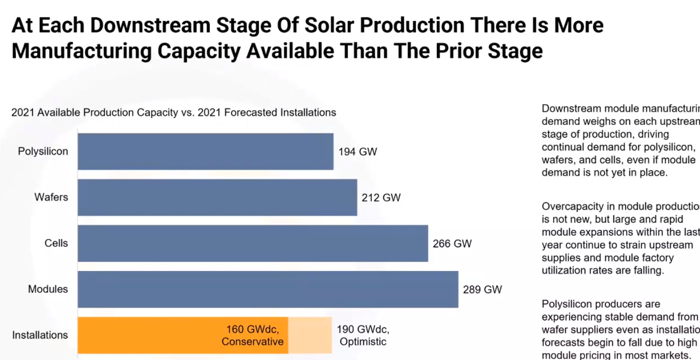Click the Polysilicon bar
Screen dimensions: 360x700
pyautogui.click(x=205, y=151)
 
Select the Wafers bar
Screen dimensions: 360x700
pyautogui.click(x=217, y=197)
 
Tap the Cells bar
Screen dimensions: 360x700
pyautogui.click(x=253, y=243)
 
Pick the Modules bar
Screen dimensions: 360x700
pyautogui.click(x=268, y=289)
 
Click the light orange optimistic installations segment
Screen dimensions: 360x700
pyautogui.click(x=310, y=335)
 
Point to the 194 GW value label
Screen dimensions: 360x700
pyautogui.click(x=358, y=151)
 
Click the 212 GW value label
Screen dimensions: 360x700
pyautogui.click(x=381, y=197)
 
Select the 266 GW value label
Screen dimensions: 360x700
pyautogui.click(x=452, y=243)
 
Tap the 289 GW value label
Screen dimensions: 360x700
pyautogui.click(x=482, y=289)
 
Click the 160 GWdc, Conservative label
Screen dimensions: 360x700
pyautogui.click(x=253, y=335)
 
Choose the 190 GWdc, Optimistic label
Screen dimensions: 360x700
pyautogui.click(x=363, y=335)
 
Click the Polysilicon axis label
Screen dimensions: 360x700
pyautogui.click(x=43, y=151)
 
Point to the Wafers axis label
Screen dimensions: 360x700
pyautogui.click(x=51, y=197)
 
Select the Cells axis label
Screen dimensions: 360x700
pyautogui.click(x=56, y=243)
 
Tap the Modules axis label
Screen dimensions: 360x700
pyautogui.click(x=48, y=289)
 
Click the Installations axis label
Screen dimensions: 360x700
pyautogui.click(x=40, y=335)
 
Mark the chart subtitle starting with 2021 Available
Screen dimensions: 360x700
pyautogui.click(x=173, y=112)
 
